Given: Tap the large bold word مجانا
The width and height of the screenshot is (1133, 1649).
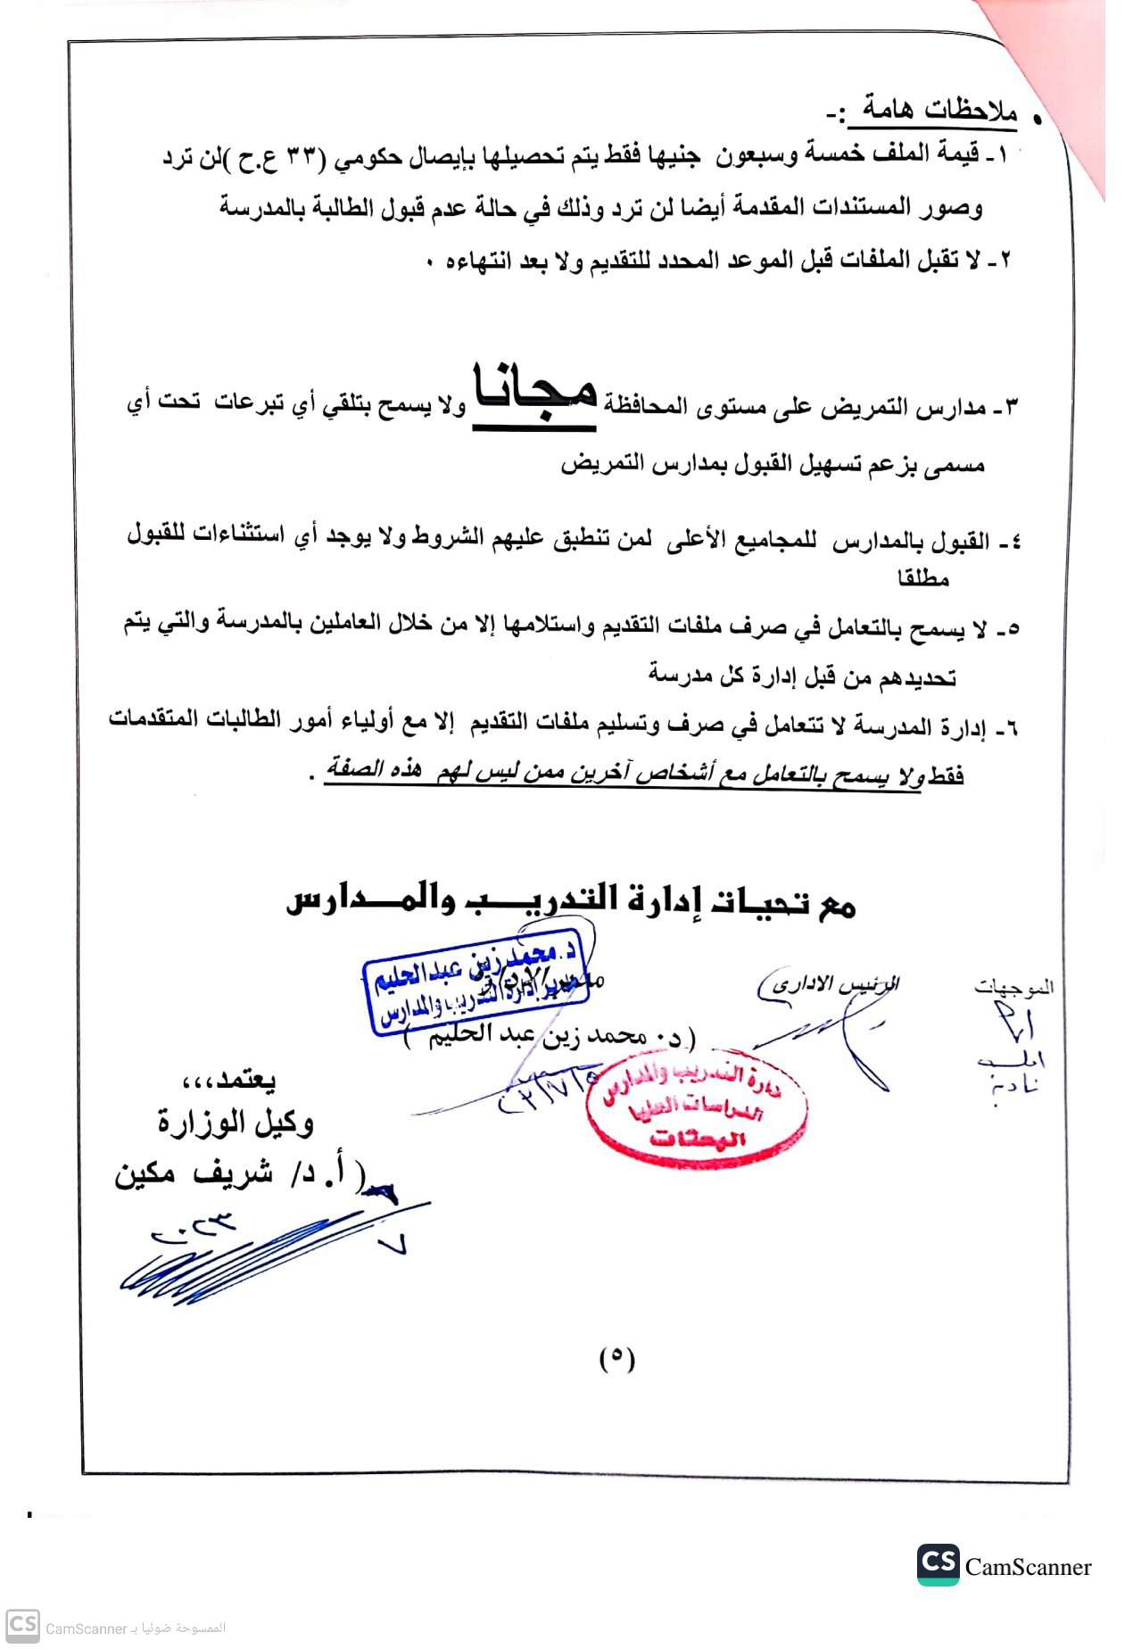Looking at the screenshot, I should point(534,394).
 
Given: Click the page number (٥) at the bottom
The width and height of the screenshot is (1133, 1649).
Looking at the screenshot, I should point(616,1358).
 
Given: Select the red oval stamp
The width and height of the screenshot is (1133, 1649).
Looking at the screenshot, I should point(697,1106).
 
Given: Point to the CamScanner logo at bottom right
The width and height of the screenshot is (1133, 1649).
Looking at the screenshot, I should point(1005,1565).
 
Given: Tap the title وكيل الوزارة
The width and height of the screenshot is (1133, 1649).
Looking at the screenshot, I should point(236,1123).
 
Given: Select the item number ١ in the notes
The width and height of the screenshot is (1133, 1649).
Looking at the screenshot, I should point(1000,155).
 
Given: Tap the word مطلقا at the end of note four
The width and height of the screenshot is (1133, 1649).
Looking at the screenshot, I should point(923,578).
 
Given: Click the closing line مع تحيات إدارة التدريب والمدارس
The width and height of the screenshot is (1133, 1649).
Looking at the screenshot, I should point(571,901).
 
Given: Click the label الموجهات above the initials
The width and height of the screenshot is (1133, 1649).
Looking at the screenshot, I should point(1013,987).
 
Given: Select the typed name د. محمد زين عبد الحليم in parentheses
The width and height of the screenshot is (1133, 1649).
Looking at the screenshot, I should point(550,1037).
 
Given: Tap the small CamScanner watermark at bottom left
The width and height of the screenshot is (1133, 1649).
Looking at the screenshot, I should point(116,1628).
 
